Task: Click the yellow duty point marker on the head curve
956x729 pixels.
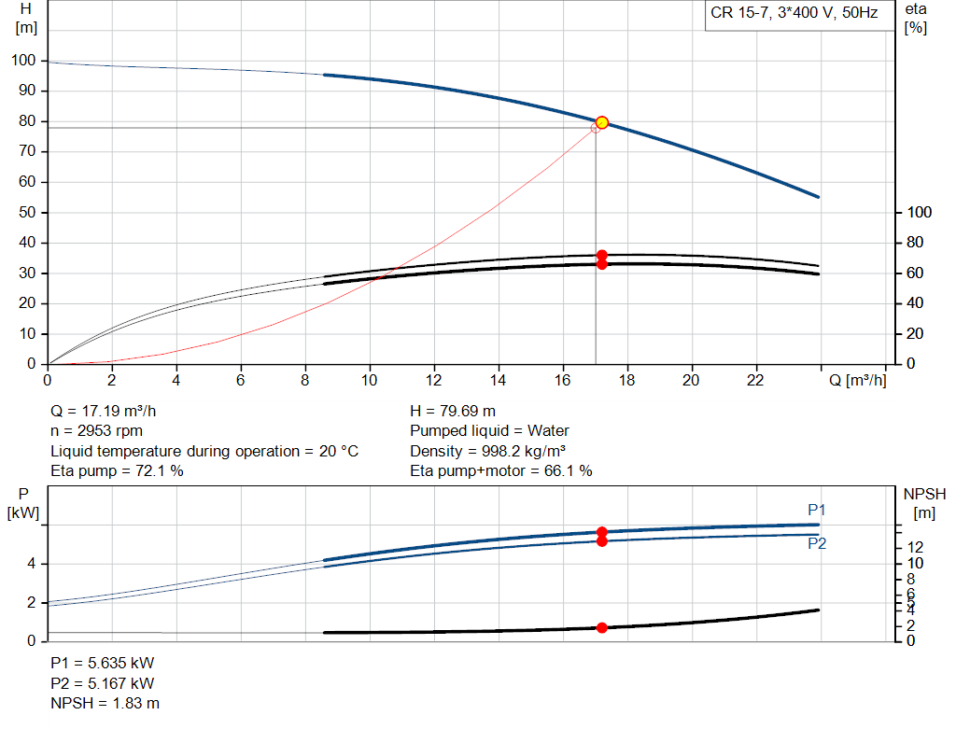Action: pyautogui.click(x=601, y=122)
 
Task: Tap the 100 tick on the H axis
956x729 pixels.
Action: pyautogui.click(x=24, y=61)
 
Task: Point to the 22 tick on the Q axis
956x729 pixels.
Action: pyautogui.click(x=756, y=380)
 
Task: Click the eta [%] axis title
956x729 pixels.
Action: pyautogui.click(x=915, y=18)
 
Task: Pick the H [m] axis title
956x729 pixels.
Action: pyautogui.click(x=26, y=18)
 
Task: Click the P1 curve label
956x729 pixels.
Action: pyautogui.click(x=817, y=510)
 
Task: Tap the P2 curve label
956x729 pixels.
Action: pyautogui.click(x=817, y=543)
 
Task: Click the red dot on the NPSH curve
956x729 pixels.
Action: pyautogui.click(x=601, y=627)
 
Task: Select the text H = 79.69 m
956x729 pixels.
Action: pyautogui.click(x=453, y=411)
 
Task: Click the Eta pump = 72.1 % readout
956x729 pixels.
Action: pyautogui.click(x=117, y=470)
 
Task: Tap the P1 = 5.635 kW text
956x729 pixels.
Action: pyautogui.click(x=103, y=663)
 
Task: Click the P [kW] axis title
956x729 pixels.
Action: pyautogui.click(x=22, y=501)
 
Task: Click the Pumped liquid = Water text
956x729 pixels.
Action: pyautogui.click(x=489, y=430)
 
